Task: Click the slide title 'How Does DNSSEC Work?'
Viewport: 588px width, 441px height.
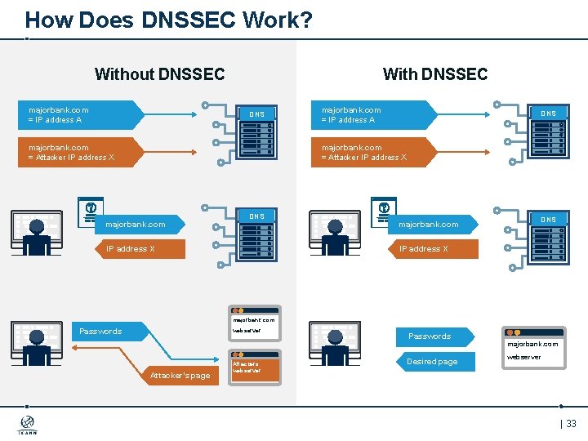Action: (x=168, y=20)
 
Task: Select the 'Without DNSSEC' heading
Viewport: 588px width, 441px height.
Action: (x=159, y=74)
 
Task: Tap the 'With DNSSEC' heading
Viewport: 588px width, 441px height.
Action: (x=434, y=74)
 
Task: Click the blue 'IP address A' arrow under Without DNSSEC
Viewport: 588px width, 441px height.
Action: (x=78, y=115)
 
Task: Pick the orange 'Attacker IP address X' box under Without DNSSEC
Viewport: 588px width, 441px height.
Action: (x=78, y=153)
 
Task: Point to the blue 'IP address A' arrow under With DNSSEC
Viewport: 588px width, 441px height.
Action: (x=372, y=115)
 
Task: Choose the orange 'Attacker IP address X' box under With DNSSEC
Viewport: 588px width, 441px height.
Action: (x=372, y=153)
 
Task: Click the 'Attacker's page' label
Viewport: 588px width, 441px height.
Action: (x=179, y=376)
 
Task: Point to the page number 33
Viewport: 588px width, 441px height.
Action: (x=570, y=424)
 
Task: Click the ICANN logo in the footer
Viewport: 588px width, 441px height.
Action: (x=28, y=425)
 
